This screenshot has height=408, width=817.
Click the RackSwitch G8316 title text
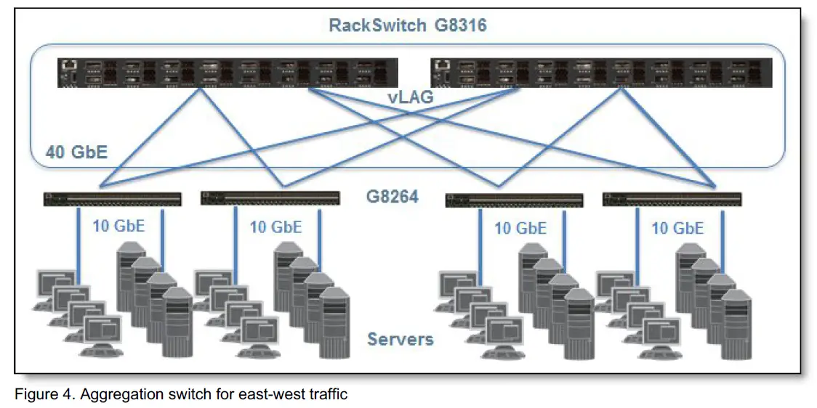407,25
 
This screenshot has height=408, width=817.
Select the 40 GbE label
76,152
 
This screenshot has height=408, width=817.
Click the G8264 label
392,196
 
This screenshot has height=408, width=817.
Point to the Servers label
400,339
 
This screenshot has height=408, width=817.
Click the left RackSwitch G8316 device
228,73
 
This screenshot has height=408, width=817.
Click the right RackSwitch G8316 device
600,73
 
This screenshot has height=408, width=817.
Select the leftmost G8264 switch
112,197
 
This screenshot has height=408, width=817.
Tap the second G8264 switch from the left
269,197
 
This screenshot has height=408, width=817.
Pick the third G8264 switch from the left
514,200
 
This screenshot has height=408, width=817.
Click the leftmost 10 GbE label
118,226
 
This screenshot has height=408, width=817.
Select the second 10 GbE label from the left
275,227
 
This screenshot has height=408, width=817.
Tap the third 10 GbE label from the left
520,229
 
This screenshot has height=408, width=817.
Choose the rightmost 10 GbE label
677,229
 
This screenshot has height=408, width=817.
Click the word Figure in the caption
33,394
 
